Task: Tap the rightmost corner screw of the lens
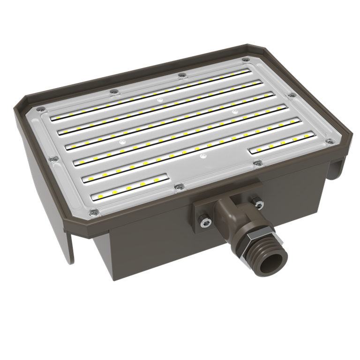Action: tap(331, 141)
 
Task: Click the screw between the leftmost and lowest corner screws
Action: tap(54, 159)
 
